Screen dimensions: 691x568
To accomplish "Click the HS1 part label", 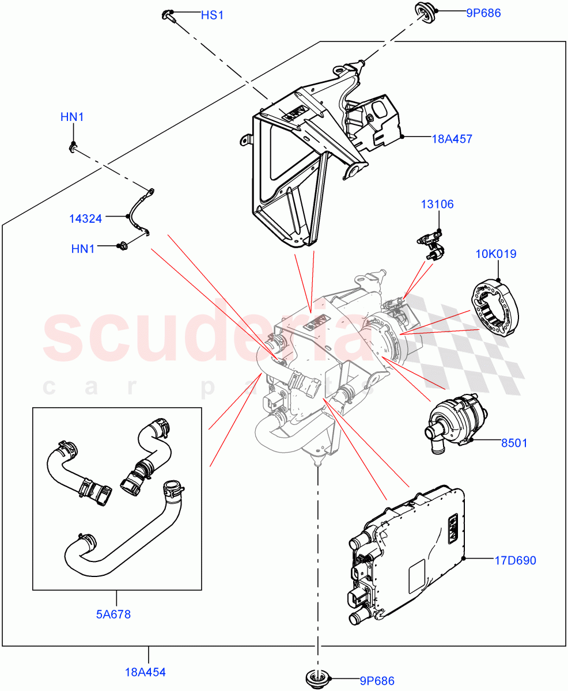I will pyautogui.click(x=211, y=16).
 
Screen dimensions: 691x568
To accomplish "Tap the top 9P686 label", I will pyautogui.click(x=483, y=12).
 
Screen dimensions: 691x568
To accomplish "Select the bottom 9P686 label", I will pyautogui.click(x=377, y=681).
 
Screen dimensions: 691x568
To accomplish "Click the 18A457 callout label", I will pyautogui.click(x=452, y=139).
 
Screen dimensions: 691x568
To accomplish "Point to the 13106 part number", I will pyautogui.click(x=437, y=204).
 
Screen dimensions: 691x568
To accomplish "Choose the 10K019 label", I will pyautogui.click(x=495, y=254).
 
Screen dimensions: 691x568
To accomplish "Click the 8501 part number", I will pyautogui.click(x=514, y=443).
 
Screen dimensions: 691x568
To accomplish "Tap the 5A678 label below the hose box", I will pyautogui.click(x=113, y=614).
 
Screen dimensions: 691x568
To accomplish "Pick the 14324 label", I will pyautogui.click(x=86, y=218).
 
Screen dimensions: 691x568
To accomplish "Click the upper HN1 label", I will pyautogui.click(x=72, y=117).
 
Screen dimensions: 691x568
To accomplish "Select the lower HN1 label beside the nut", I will pyautogui.click(x=83, y=249).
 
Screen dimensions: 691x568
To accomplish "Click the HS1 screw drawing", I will pyautogui.click(x=168, y=15).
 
